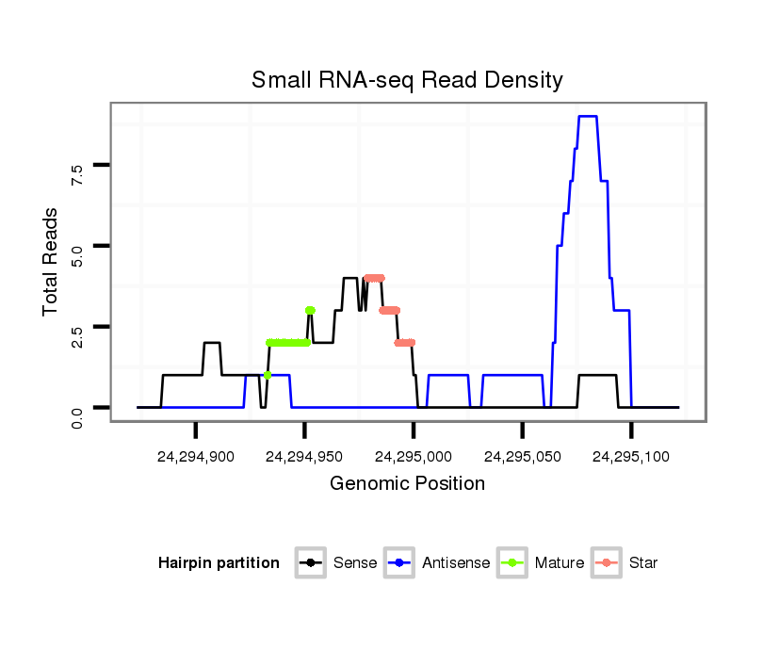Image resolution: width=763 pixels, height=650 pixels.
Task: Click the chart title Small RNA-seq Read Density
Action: [407, 80]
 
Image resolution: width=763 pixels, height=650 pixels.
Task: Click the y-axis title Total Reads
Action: [51, 260]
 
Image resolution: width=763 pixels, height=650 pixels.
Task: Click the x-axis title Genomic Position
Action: [407, 484]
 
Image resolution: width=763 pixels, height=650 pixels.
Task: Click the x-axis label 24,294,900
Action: [196, 457]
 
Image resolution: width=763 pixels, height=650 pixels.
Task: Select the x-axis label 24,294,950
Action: [304, 457]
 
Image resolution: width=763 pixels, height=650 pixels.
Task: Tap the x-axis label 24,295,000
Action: [414, 457]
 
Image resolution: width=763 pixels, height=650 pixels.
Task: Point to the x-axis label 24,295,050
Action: [522, 457]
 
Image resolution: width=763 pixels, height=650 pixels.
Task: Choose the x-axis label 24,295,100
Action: [631, 457]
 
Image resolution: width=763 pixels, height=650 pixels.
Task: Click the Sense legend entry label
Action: [355, 563]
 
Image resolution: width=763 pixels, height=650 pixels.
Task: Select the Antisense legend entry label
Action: [456, 563]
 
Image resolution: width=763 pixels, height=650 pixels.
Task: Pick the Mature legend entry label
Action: [560, 563]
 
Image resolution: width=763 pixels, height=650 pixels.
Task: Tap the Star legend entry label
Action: [643, 563]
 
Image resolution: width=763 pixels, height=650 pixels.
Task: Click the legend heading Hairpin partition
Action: [219, 563]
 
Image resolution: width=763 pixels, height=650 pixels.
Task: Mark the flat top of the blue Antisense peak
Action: [588, 116]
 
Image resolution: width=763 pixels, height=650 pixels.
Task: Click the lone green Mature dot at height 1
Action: [268, 375]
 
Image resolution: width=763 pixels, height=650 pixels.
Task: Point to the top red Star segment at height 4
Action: [374, 278]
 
